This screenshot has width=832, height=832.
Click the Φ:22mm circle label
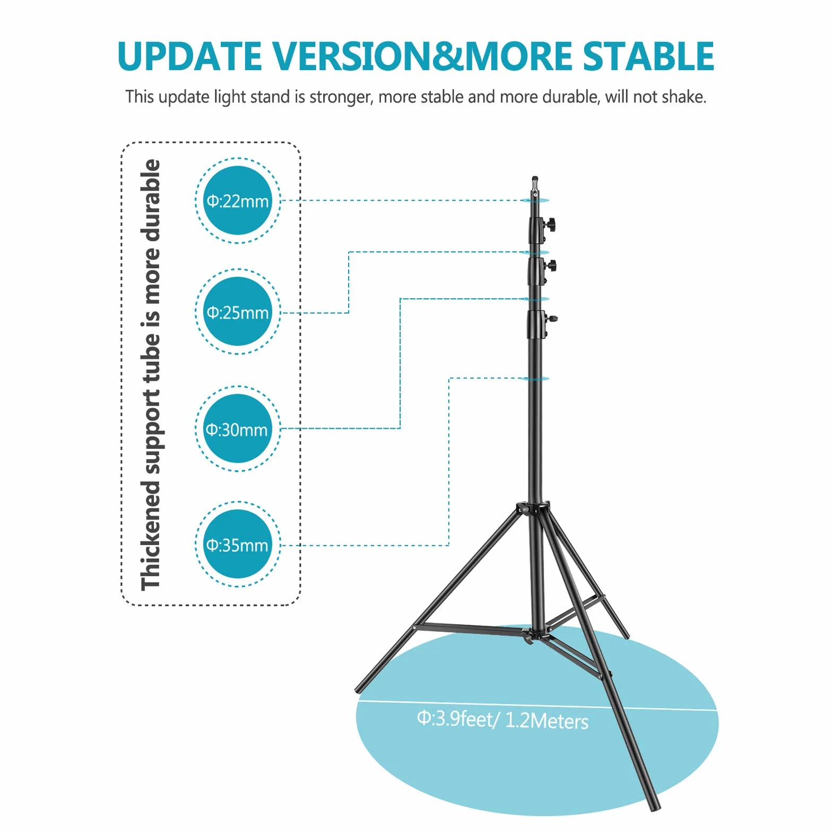coord(238,201)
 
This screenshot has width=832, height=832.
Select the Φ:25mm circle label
coord(238,312)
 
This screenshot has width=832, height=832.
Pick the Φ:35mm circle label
coord(238,544)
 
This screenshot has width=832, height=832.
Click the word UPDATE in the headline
coord(189,56)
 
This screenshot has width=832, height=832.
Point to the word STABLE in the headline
coord(648,56)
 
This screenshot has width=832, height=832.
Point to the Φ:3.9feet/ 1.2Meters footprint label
coord(502,720)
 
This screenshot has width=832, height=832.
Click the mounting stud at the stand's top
coord(535,186)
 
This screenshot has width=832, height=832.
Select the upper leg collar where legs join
coord(533,508)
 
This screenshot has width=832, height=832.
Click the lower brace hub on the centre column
coord(535,635)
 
